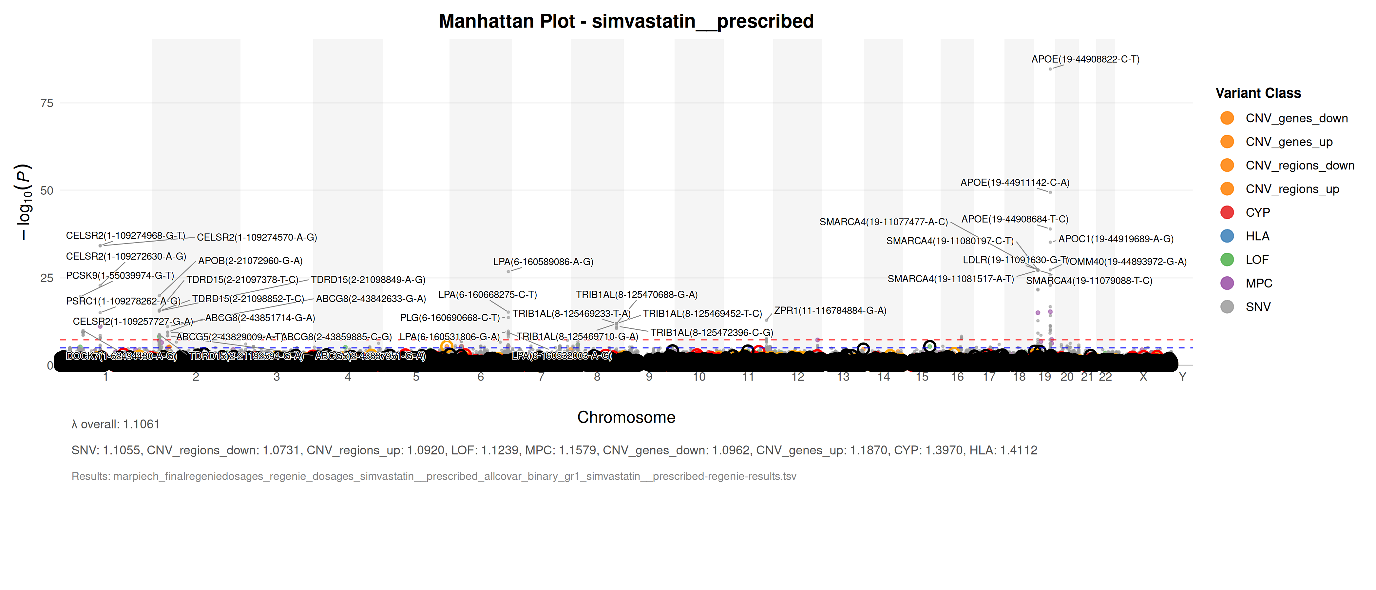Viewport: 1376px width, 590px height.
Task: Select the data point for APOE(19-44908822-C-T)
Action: [1050, 69]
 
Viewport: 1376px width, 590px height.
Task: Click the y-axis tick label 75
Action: [47, 103]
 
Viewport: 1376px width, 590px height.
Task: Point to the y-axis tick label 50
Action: [47, 191]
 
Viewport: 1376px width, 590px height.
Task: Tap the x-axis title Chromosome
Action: [626, 417]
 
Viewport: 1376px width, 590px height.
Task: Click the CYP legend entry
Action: [1257, 213]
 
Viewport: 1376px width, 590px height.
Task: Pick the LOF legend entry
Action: [1256, 260]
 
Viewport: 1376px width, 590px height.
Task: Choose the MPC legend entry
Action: [1258, 283]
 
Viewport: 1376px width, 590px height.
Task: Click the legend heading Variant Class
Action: [1258, 93]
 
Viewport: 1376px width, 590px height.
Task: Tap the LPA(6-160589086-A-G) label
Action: [543, 262]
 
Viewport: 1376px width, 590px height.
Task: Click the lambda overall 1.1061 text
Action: [115, 424]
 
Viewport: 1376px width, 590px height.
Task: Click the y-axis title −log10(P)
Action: [24, 202]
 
